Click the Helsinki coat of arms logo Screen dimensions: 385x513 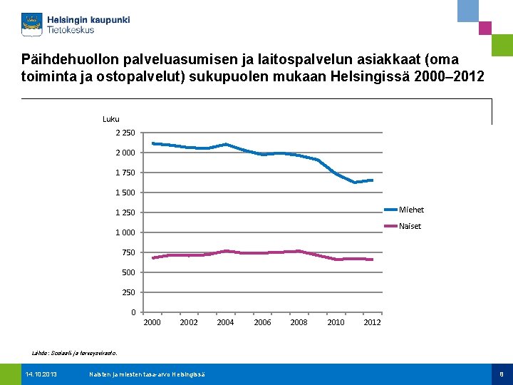coord(32,24)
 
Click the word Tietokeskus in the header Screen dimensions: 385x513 coord(71,31)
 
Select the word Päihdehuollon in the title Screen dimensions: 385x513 coord(66,59)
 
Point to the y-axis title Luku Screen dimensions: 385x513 coord(111,119)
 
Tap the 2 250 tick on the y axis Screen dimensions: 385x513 coord(125,133)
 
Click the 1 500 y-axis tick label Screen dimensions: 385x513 coord(125,192)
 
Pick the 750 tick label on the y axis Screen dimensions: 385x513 coord(128,252)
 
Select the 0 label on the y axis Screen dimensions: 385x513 coord(133,312)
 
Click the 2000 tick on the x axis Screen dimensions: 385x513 coord(152,322)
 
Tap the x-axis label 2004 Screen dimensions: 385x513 coord(225,322)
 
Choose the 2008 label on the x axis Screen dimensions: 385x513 coord(299,322)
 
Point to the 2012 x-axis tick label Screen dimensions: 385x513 coord(372,322)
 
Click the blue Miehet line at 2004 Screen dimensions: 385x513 coord(225,144)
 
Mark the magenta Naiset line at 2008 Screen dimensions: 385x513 coord(299,251)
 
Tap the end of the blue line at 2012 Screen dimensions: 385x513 coord(372,180)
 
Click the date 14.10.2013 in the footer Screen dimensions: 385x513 coord(41,374)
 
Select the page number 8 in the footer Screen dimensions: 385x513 coord(502,374)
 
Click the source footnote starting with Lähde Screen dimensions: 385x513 coord(76,352)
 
